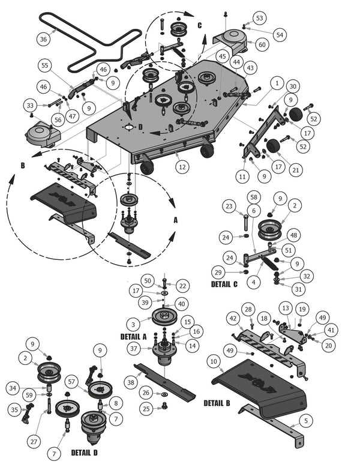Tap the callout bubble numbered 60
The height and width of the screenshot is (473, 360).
262,44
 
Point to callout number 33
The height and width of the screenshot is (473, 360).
30,106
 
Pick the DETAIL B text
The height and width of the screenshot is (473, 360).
217,403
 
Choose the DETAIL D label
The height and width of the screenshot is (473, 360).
84,451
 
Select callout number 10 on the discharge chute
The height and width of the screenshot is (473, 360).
214,361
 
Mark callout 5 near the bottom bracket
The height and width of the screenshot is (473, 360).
306,421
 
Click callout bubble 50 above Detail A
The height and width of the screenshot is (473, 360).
148,281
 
